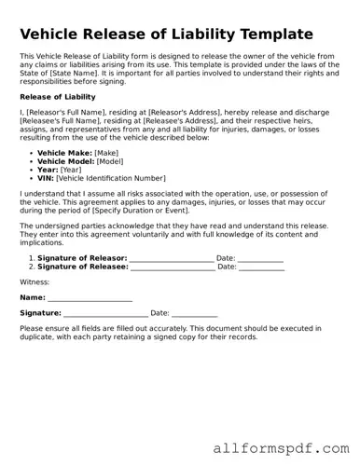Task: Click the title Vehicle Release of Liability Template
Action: click(x=166, y=34)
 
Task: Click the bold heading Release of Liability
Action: click(x=58, y=97)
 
